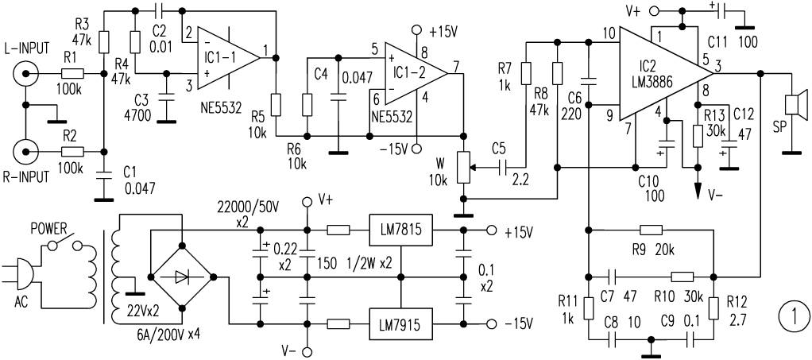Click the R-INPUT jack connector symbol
point(25,150)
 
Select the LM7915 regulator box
point(400,323)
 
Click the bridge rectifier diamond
point(181,277)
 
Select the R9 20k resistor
point(651,230)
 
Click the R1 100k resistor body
point(72,74)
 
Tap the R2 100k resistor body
point(72,150)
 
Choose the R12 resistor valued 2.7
point(712,307)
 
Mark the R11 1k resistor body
point(588,307)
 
